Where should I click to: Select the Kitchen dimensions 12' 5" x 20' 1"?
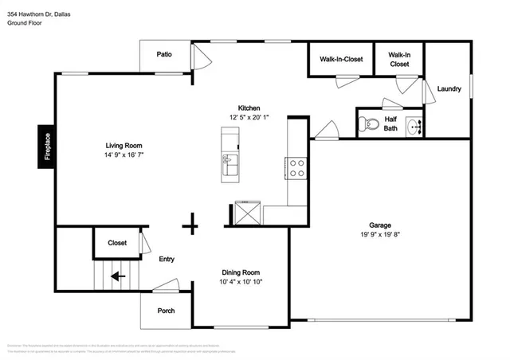(x=249, y=118)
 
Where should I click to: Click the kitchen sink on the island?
(x=228, y=164)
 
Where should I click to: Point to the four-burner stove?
(x=296, y=167)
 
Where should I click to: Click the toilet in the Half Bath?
(x=367, y=124)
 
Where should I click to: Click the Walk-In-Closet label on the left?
(x=341, y=59)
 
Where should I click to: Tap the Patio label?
(x=164, y=54)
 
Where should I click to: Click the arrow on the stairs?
(x=117, y=276)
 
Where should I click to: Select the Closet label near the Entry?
(x=117, y=243)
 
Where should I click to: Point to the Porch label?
(x=165, y=311)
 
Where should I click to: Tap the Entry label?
(x=167, y=259)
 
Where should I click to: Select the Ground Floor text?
(x=25, y=23)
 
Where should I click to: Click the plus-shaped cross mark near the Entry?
(x=190, y=226)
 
